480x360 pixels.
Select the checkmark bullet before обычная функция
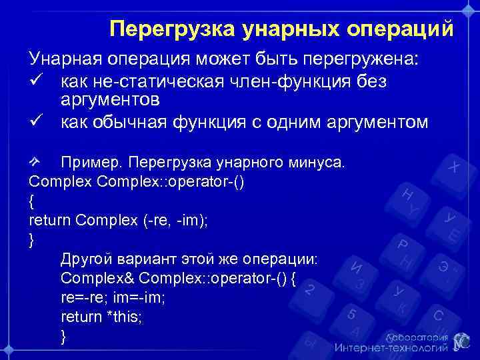point(36,122)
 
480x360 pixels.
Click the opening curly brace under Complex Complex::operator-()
point(32,201)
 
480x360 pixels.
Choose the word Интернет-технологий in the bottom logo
point(391,347)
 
